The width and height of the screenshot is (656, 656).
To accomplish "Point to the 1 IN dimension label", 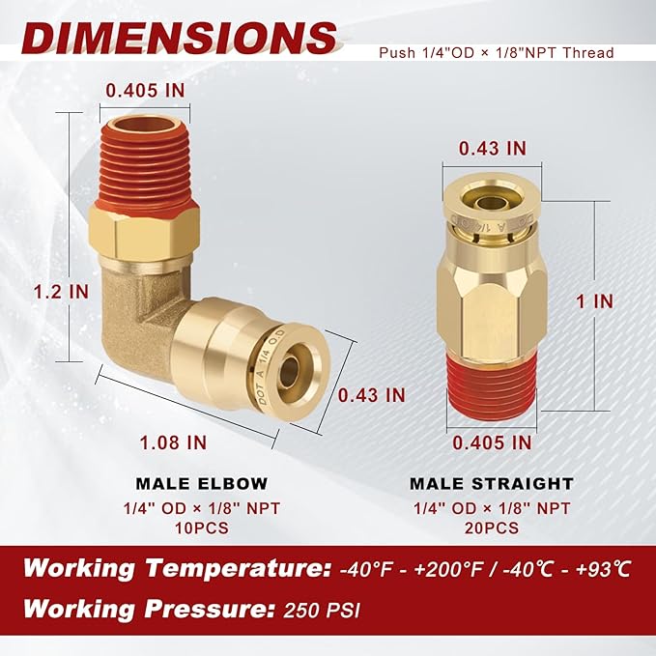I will click(x=593, y=300).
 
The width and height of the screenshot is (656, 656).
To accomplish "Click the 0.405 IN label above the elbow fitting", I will click(x=144, y=90).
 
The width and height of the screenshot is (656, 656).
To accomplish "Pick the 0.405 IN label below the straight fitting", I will click(x=492, y=442).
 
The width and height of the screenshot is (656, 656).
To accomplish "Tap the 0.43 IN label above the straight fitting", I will click(x=492, y=148).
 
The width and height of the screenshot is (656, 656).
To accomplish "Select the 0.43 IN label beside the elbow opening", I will click(x=371, y=394).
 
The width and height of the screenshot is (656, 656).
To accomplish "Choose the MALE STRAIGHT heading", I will click(x=492, y=483).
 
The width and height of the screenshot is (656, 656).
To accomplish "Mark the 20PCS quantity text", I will click(x=492, y=528).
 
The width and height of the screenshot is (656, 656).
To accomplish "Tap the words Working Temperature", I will click(x=175, y=567).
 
